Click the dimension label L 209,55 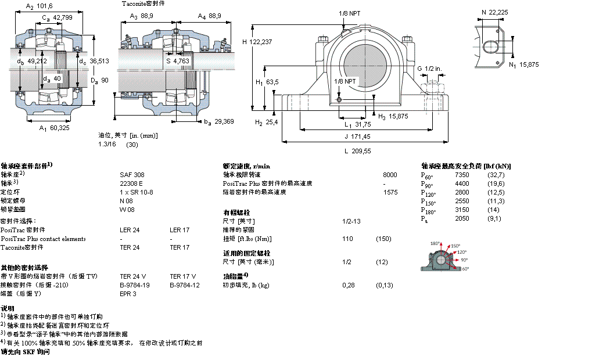click(x=357, y=151)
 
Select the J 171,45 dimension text click(x=357, y=136)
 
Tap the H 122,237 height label click(x=257, y=42)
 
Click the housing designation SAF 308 click(x=132, y=174)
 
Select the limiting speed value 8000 click(x=390, y=174)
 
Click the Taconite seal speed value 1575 click(x=390, y=192)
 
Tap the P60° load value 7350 click(x=462, y=175)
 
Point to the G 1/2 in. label click(x=429, y=69)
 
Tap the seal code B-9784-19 click(x=135, y=285)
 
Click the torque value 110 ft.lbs click(x=347, y=239)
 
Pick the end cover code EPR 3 click(x=128, y=294)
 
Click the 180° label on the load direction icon click(x=435, y=243)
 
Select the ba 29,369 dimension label click(x=218, y=121)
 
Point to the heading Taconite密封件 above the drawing click(x=143, y=3)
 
